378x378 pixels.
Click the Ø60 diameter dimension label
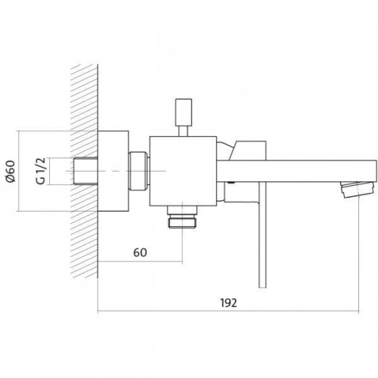(11, 171)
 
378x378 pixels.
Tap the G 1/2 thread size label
(41, 171)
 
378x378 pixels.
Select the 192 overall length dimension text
(229, 303)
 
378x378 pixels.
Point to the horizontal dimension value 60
(140, 253)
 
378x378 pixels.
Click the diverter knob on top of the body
(184, 112)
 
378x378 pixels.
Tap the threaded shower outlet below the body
(182, 217)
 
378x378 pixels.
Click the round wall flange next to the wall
(113, 171)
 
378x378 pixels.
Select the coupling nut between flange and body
(138, 171)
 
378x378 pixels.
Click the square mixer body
(183, 171)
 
